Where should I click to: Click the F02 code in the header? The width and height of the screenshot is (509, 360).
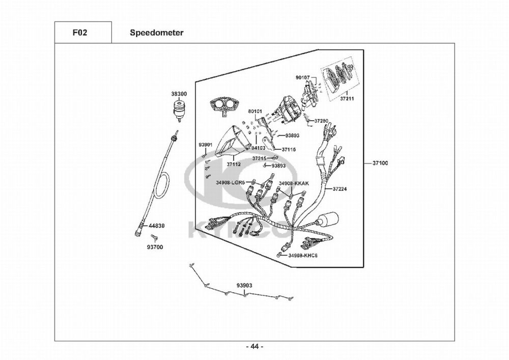coord(79,33)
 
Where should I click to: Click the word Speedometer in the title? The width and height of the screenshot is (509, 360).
coord(156,33)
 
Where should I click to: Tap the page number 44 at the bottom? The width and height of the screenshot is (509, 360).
coord(254,347)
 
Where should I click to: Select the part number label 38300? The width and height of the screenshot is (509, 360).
coord(179,94)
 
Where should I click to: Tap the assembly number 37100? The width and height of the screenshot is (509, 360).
coord(380,163)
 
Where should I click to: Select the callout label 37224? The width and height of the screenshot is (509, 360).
coord(341,189)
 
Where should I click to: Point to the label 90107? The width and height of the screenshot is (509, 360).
coord(302,77)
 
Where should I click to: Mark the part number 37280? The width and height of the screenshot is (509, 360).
coord(321,121)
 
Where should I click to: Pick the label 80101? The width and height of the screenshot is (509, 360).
coord(255,111)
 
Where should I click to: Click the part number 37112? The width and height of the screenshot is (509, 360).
coord(234,164)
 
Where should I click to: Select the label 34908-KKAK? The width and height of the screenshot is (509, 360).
coord(294,182)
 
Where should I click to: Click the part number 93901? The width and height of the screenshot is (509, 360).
coord(205,145)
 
